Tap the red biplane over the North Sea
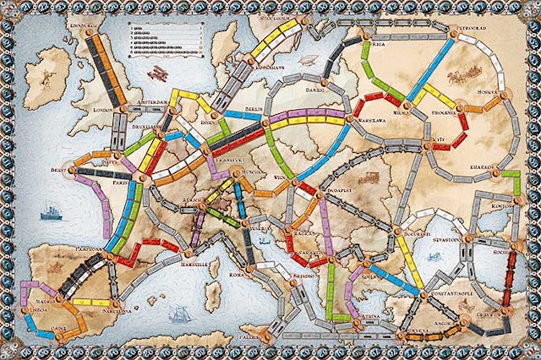tap(157, 74)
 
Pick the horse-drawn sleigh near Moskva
tap(463, 75)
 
